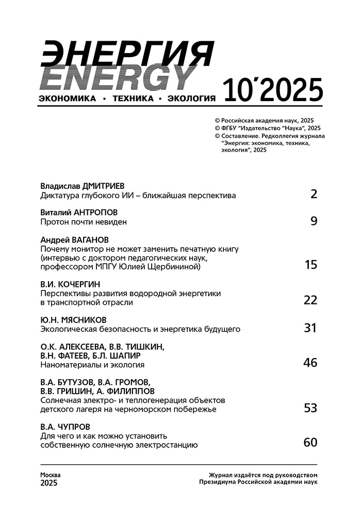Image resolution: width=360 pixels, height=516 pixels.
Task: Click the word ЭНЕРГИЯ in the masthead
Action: pyautogui.click(x=126, y=53)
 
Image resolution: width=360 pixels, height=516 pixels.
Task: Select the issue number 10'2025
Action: pyautogui.click(x=273, y=91)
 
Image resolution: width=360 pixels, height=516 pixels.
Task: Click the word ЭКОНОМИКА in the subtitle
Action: pyautogui.click(x=68, y=99)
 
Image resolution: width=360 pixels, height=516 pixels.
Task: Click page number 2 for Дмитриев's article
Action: pyautogui.click(x=314, y=194)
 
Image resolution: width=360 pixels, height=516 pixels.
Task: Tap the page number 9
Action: pyautogui.click(x=314, y=221)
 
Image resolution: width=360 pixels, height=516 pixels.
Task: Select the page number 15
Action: pyautogui.click(x=310, y=265)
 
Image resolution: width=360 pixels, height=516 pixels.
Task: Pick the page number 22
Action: pyautogui.click(x=310, y=300)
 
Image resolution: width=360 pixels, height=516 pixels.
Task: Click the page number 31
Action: pyautogui.click(x=310, y=328)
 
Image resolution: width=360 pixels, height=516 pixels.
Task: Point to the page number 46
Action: pyautogui.click(x=310, y=362)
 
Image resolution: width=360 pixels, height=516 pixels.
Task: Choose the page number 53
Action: pyautogui.click(x=310, y=408)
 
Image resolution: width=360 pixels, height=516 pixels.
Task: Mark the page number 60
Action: pyautogui.click(x=310, y=442)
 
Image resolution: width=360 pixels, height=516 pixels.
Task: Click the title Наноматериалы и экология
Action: pyautogui.click(x=92, y=365)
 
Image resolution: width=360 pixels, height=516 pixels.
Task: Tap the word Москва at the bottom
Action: pyautogui.click(x=51, y=475)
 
